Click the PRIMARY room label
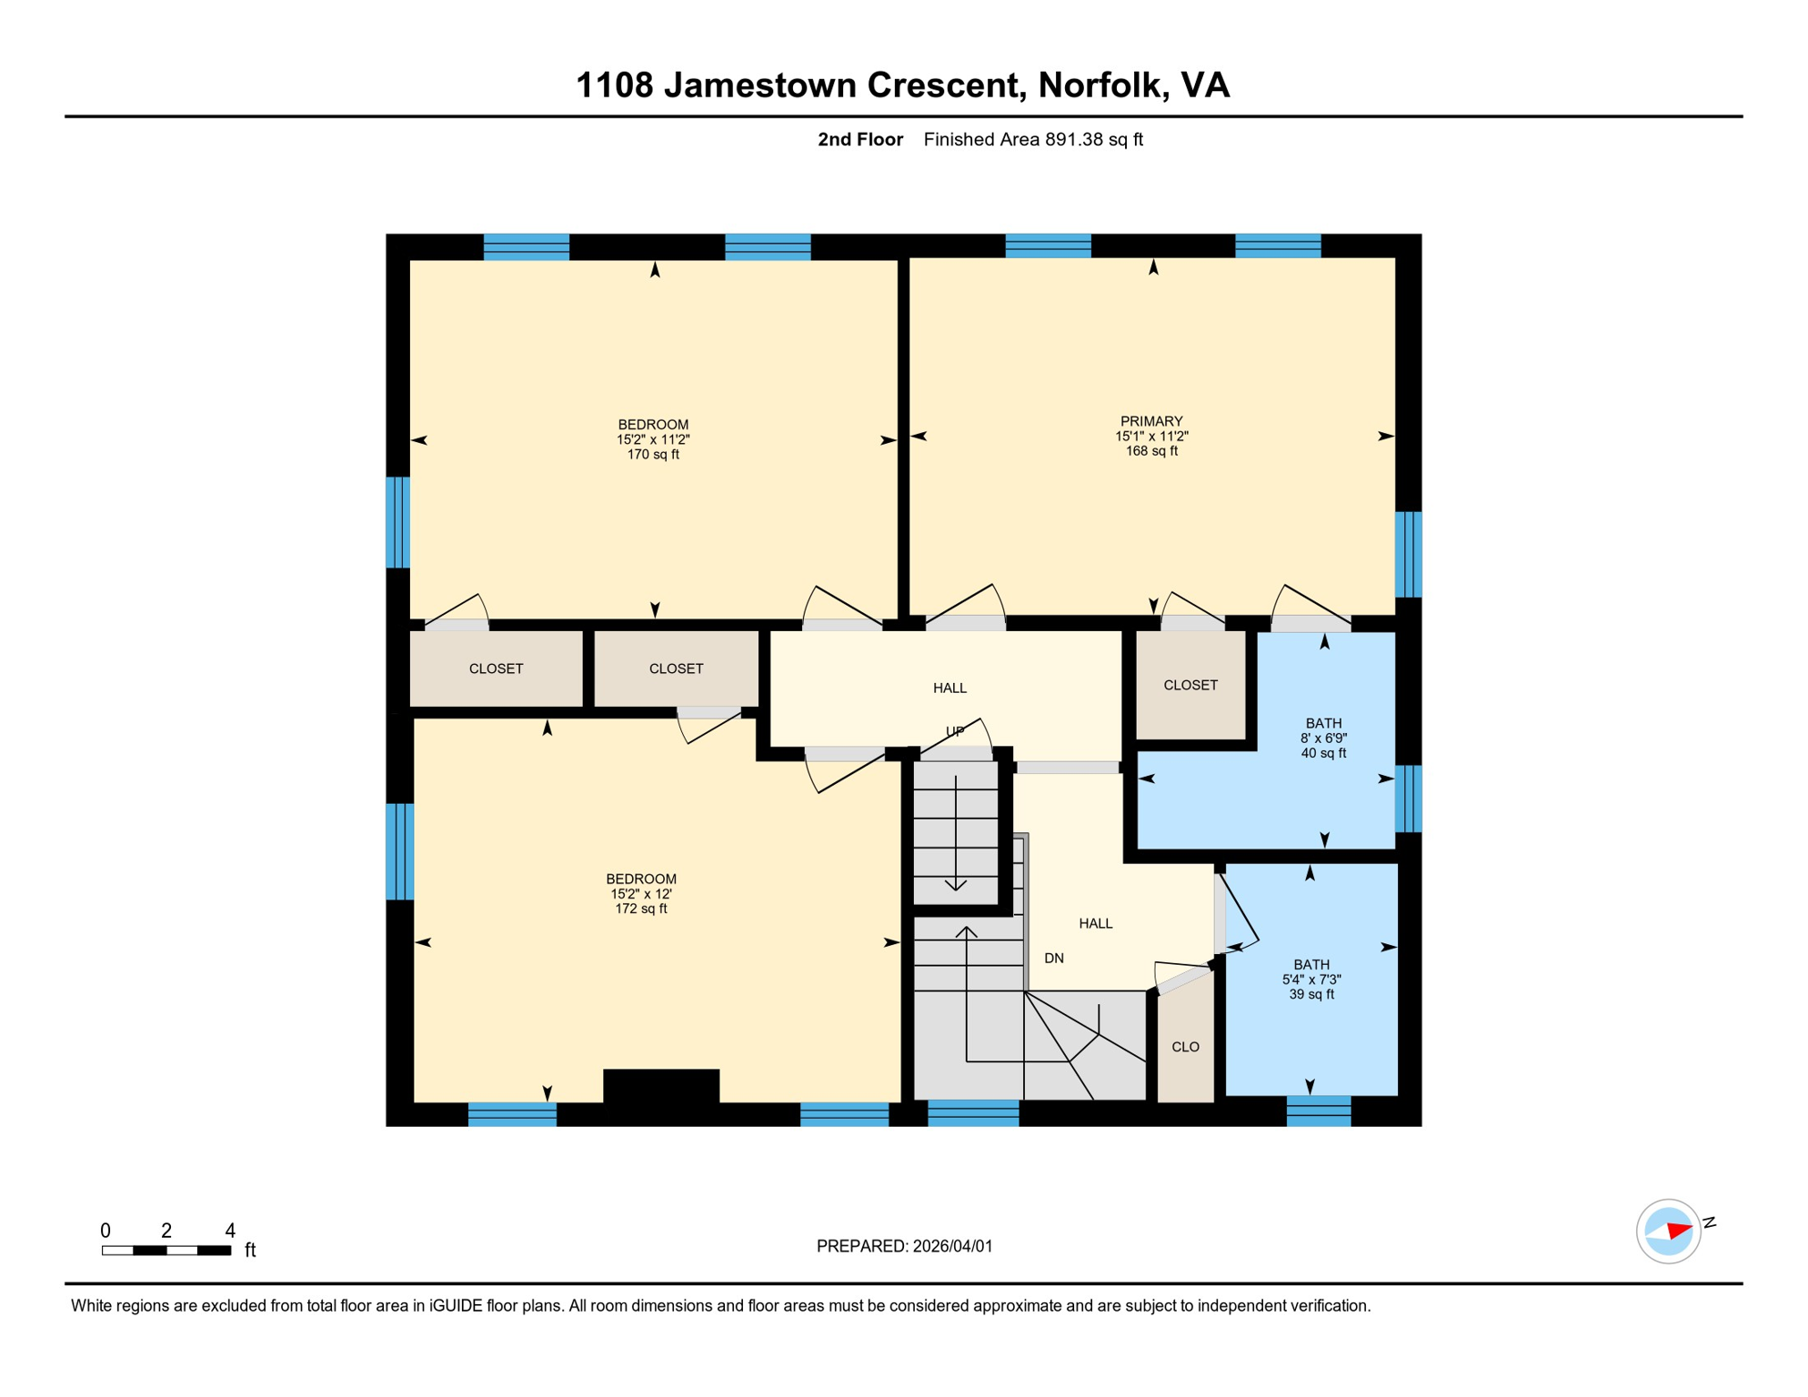point(1151,421)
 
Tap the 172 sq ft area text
point(640,909)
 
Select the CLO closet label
point(1185,1047)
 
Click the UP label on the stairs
point(954,731)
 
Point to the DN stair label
point(1053,958)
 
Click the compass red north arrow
point(1679,1231)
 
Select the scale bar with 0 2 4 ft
point(166,1251)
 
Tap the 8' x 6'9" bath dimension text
point(1323,739)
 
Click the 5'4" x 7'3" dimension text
point(1311,980)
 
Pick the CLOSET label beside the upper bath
point(1190,685)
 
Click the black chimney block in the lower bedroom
point(661,1085)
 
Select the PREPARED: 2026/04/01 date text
point(904,1246)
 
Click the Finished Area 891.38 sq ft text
point(1033,139)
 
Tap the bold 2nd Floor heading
point(859,139)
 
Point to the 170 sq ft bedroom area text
point(652,455)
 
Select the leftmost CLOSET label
point(496,668)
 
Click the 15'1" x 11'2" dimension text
point(1151,437)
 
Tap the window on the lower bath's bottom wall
point(1318,1111)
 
